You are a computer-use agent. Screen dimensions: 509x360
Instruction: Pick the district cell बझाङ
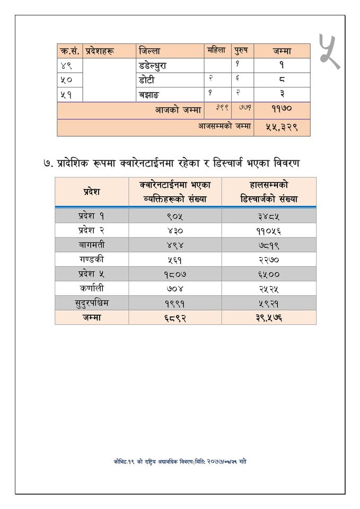pos(148,94)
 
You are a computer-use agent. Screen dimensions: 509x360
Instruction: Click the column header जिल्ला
pos(150,51)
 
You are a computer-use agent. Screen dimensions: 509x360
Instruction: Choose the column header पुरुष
pos(242,51)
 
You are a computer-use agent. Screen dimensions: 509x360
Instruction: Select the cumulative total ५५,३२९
pos(282,127)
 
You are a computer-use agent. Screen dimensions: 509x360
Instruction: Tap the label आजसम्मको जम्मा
pos(224,127)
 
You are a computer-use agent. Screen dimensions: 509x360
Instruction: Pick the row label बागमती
pos(91,245)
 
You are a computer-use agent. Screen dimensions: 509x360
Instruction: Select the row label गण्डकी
pos(91,259)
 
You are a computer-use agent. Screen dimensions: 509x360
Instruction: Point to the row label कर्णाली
pos(91,288)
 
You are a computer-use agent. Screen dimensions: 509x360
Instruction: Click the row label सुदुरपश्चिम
pos(91,303)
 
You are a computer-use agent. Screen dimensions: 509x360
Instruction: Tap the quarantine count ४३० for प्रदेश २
pos(174,231)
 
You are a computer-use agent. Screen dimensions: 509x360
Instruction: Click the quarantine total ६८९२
pos(174,318)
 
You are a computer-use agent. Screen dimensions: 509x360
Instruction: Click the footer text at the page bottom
pos(180,461)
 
